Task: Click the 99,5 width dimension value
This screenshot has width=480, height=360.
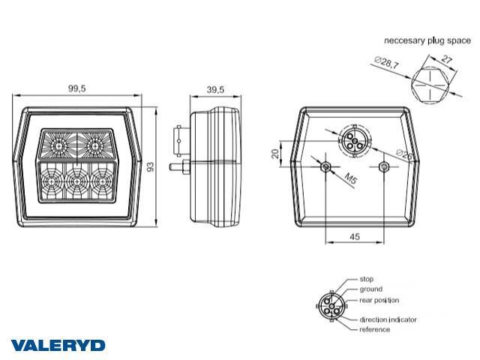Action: [76, 88]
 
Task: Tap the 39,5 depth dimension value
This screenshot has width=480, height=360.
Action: [215, 89]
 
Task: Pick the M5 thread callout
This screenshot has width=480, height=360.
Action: [349, 178]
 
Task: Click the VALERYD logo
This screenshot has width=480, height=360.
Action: [58, 346]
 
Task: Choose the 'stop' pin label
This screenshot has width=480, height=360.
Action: [367, 278]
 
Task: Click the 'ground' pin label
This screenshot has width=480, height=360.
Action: [370, 289]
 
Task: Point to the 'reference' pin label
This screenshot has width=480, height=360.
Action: [374, 329]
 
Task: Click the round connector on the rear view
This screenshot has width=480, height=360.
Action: [351, 140]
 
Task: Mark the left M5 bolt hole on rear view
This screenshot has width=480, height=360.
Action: [325, 166]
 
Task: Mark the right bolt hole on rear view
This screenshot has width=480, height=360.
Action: [384, 166]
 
